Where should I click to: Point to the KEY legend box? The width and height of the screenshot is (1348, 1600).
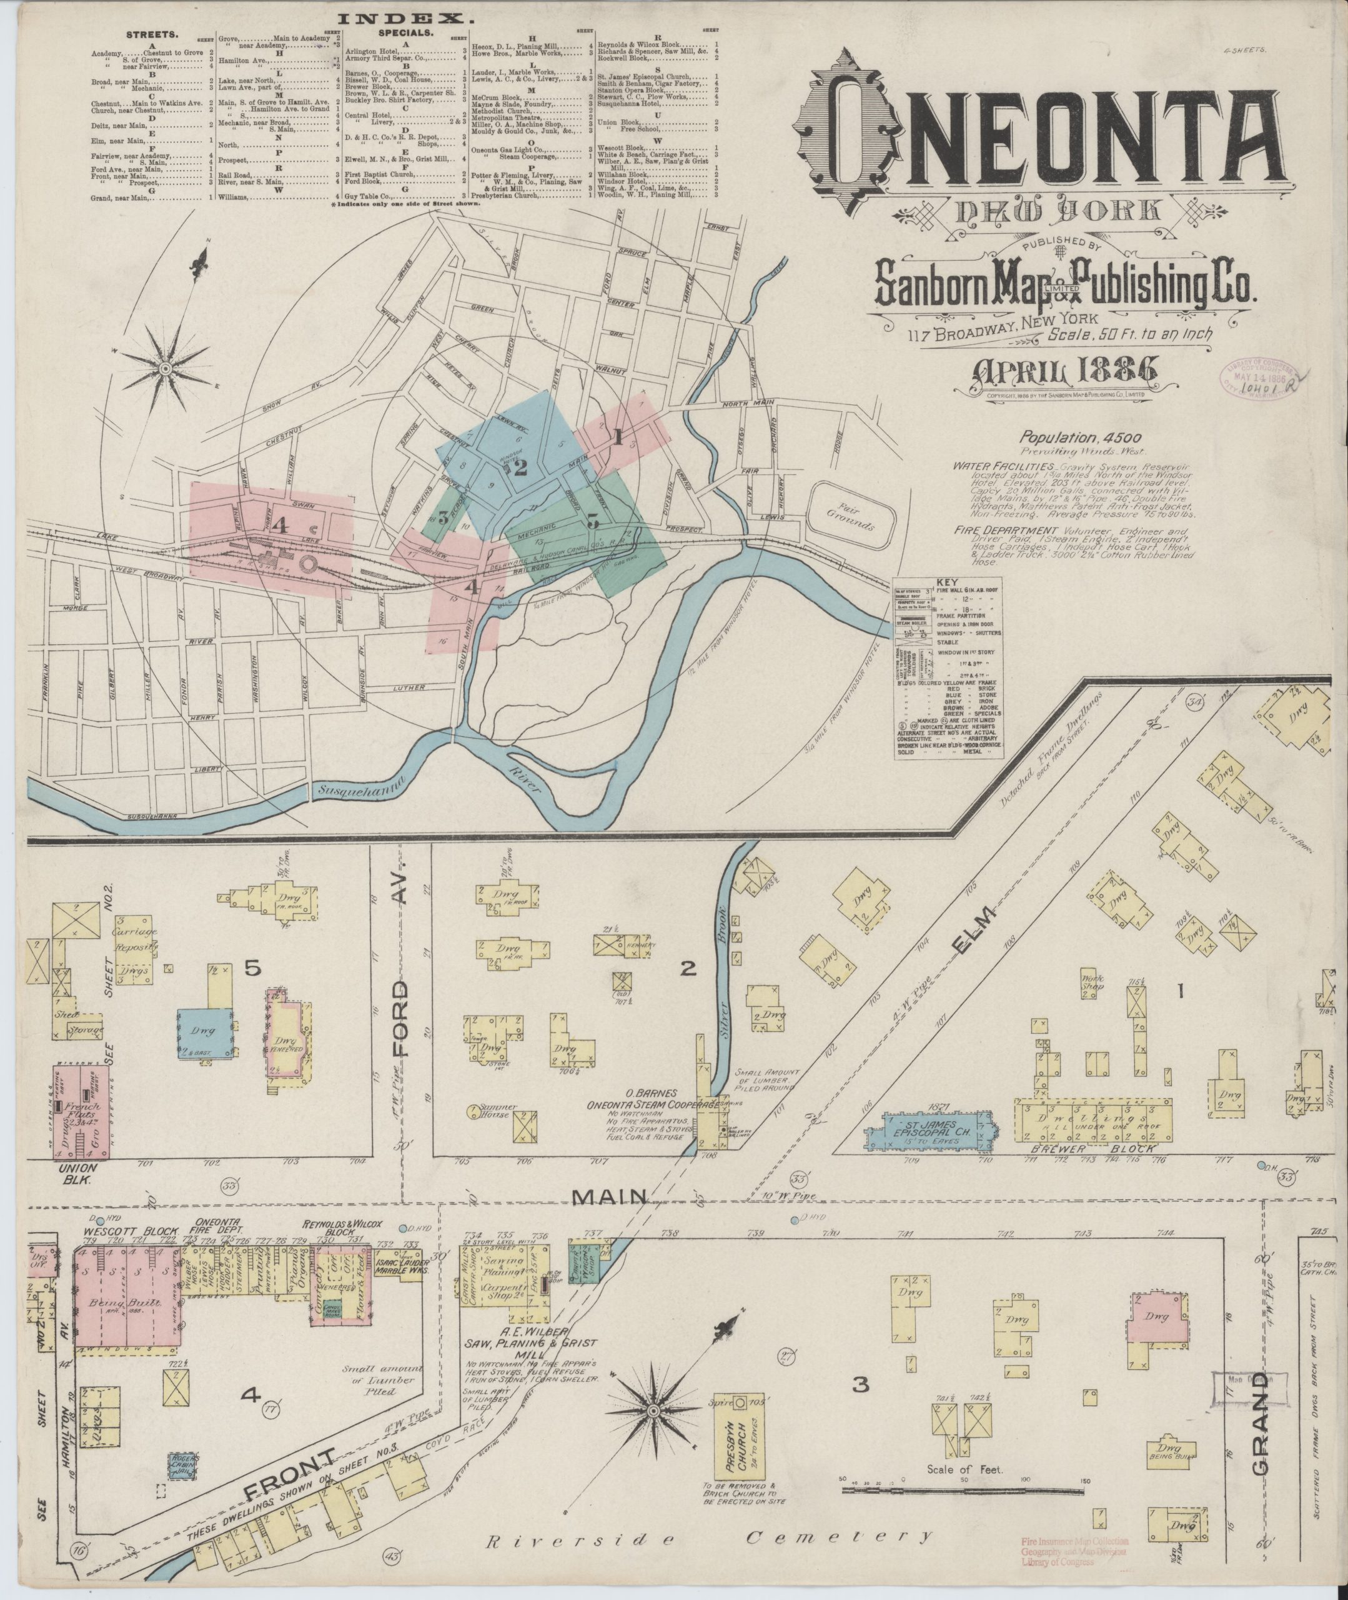coord(948,668)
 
